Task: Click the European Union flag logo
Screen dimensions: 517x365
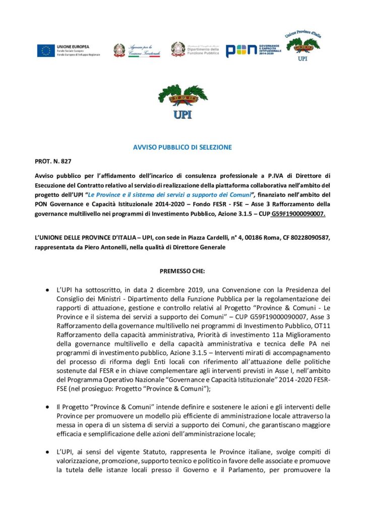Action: click(45, 50)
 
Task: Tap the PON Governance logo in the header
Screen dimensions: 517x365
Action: click(251, 50)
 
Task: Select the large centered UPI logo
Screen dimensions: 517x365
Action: click(182, 102)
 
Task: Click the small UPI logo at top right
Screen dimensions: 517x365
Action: click(302, 45)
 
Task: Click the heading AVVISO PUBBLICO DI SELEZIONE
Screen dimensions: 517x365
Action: click(182, 147)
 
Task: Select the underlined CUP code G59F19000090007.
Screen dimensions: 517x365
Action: click(298, 214)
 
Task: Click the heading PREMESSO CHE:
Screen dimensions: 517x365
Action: click(182, 271)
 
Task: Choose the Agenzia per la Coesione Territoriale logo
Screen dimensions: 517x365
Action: click(137, 50)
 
